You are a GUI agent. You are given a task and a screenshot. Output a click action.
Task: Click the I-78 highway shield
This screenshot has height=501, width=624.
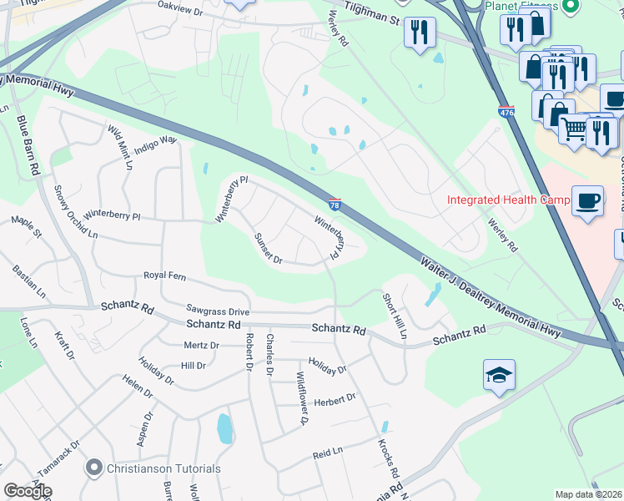click(x=334, y=204)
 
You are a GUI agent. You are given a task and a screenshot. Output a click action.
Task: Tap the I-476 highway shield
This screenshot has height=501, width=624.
click(x=506, y=111)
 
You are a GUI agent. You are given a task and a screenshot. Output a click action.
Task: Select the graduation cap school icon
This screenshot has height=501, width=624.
click(x=499, y=377)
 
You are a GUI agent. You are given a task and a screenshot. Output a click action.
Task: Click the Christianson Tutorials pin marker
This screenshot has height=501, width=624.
click(x=95, y=468)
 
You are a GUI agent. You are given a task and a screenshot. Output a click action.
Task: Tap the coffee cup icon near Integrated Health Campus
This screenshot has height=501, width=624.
click(x=588, y=201)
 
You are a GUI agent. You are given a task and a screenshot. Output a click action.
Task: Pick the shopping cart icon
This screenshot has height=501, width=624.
click(x=572, y=130)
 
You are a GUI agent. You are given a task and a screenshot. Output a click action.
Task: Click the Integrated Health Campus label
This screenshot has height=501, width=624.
click(x=508, y=200)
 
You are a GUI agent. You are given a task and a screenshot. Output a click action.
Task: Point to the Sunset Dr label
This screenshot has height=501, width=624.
click(x=269, y=247)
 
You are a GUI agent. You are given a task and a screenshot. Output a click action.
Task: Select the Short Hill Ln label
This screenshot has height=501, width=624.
click(x=395, y=315)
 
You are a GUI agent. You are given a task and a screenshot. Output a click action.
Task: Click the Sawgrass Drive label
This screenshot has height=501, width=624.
click(x=218, y=308)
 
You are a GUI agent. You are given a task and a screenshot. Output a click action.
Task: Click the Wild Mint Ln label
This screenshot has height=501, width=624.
click(x=120, y=148)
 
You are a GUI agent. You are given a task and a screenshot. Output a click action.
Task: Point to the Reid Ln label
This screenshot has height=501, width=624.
click(x=328, y=452)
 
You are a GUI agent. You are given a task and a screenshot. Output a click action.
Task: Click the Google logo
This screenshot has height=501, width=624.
click(x=28, y=491)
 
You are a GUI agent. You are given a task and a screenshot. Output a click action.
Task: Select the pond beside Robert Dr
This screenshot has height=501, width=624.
click(x=224, y=429)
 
